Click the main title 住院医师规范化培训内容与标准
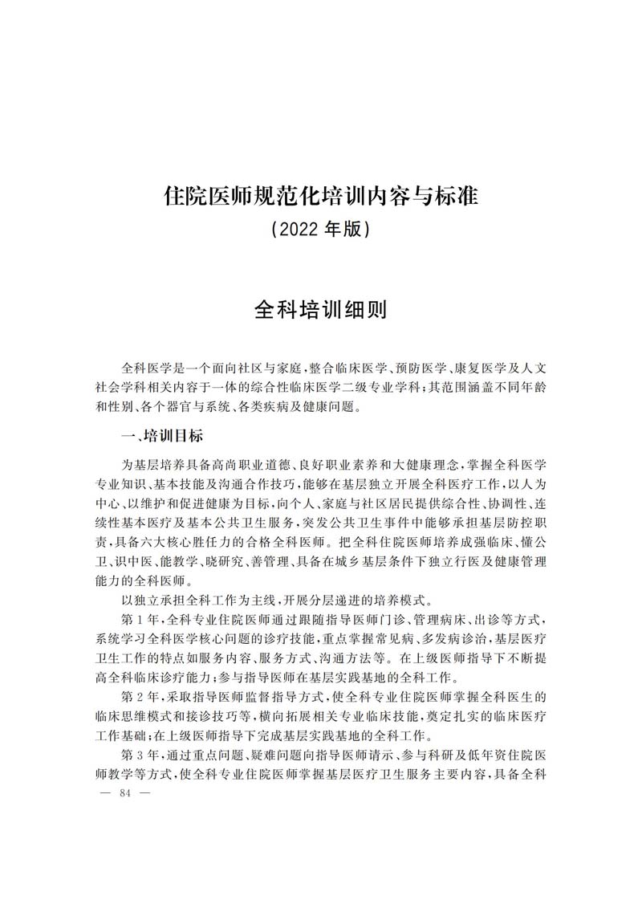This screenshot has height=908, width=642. pyautogui.click(x=321, y=195)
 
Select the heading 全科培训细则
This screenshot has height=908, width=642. pyautogui.click(x=320, y=310)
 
